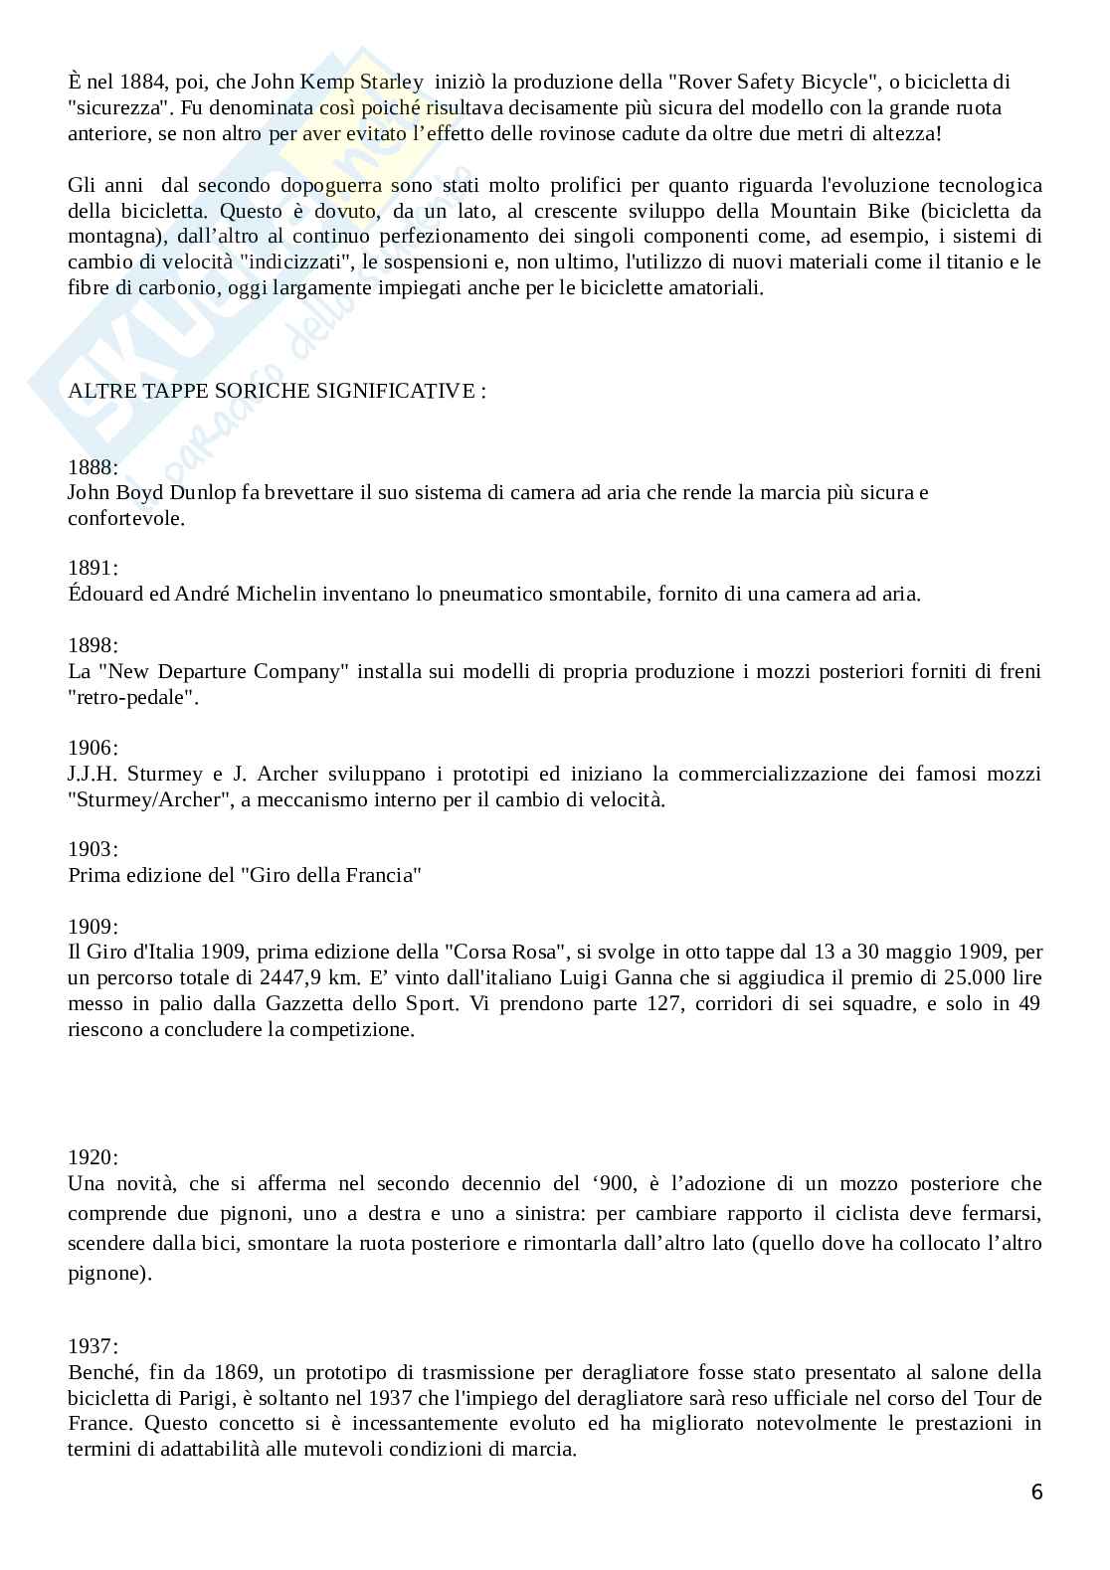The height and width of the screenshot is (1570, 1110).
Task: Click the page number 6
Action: tap(1036, 1491)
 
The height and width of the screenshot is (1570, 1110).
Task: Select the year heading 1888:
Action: tap(92, 466)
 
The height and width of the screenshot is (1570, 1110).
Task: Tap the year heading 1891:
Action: tap(92, 568)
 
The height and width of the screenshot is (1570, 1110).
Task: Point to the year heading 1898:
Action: tap(92, 645)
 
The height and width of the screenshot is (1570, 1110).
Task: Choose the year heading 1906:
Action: tap(92, 747)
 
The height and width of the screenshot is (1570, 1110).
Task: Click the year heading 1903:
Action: tap(92, 849)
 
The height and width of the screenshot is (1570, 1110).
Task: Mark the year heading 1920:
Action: tap(92, 1156)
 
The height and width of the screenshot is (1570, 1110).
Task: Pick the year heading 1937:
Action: tap(92, 1346)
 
